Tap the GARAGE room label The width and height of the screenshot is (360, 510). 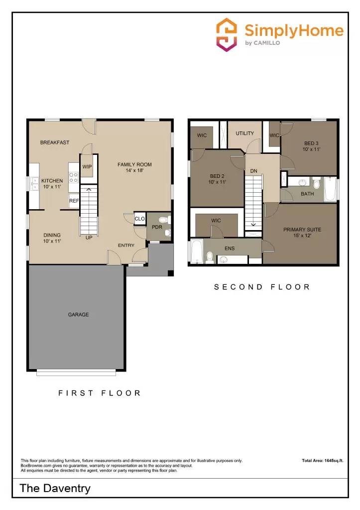pos(78,315)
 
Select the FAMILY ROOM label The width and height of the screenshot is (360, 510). pos(134,167)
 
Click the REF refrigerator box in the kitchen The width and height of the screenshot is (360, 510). pos(74,201)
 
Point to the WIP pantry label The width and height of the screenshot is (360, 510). pos(87,167)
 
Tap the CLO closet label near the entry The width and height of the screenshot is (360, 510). pos(139,219)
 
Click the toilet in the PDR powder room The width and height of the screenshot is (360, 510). pos(167,220)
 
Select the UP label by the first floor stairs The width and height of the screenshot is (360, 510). pos(89,238)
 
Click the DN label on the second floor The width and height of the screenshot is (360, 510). pos(253,171)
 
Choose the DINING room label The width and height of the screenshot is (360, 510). pos(52,238)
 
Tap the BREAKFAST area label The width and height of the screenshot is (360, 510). pos(55,142)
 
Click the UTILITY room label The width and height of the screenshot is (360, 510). pos(245,133)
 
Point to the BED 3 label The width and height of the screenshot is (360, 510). pos(311,145)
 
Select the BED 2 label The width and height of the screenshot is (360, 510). pos(218,179)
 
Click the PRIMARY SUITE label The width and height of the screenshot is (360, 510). pos(302,233)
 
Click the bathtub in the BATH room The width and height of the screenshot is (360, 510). pos(330,190)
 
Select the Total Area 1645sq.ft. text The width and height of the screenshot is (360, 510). pos(323,461)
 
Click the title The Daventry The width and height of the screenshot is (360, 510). pos(55,488)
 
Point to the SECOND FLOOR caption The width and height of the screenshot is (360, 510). pos(262,287)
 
